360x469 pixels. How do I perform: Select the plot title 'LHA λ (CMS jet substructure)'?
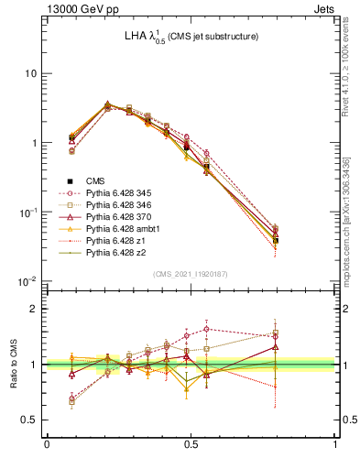pyautogui.click(x=191, y=38)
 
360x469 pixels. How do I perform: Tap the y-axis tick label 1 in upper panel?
pyautogui.click(x=35, y=144)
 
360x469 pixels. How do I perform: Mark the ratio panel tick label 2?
pyautogui.click(x=35, y=309)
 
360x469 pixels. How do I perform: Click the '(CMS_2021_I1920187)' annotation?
pyautogui.click(x=191, y=274)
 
